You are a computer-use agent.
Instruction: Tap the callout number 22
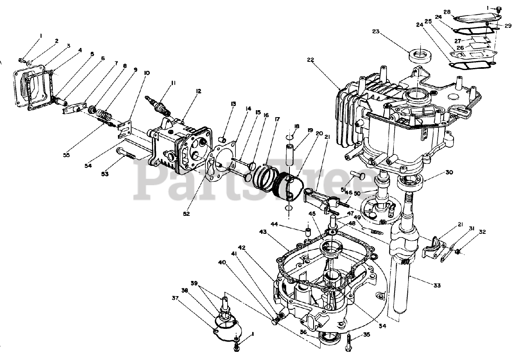coord(310,60)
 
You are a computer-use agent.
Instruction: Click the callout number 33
coord(438,285)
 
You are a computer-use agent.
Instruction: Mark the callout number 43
coord(263,232)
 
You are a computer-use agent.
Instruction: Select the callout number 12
coord(198,92)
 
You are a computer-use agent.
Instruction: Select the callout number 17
coord(277,120)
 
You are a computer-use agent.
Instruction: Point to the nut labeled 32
coord(459,251)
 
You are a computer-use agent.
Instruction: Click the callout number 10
coord(147,73)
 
